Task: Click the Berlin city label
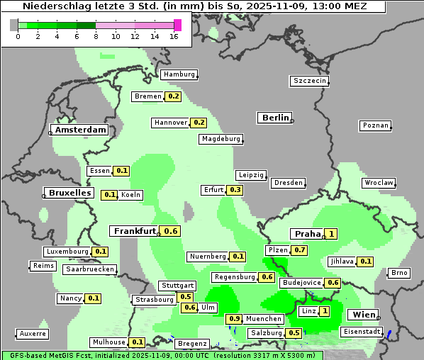275,118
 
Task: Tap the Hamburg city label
179,74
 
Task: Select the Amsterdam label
80,130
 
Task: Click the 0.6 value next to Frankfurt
171,231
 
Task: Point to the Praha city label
308,234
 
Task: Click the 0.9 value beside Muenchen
234,319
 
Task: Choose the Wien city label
364,315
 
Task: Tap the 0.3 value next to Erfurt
235,190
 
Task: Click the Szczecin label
310,81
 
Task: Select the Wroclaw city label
379,183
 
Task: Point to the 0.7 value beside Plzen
300,250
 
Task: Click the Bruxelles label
69,193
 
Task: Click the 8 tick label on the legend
96,36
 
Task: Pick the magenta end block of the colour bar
177,25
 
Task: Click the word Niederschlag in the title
65,6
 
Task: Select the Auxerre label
33,333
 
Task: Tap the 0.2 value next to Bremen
173,96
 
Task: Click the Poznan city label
376,125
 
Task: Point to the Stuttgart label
177,286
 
